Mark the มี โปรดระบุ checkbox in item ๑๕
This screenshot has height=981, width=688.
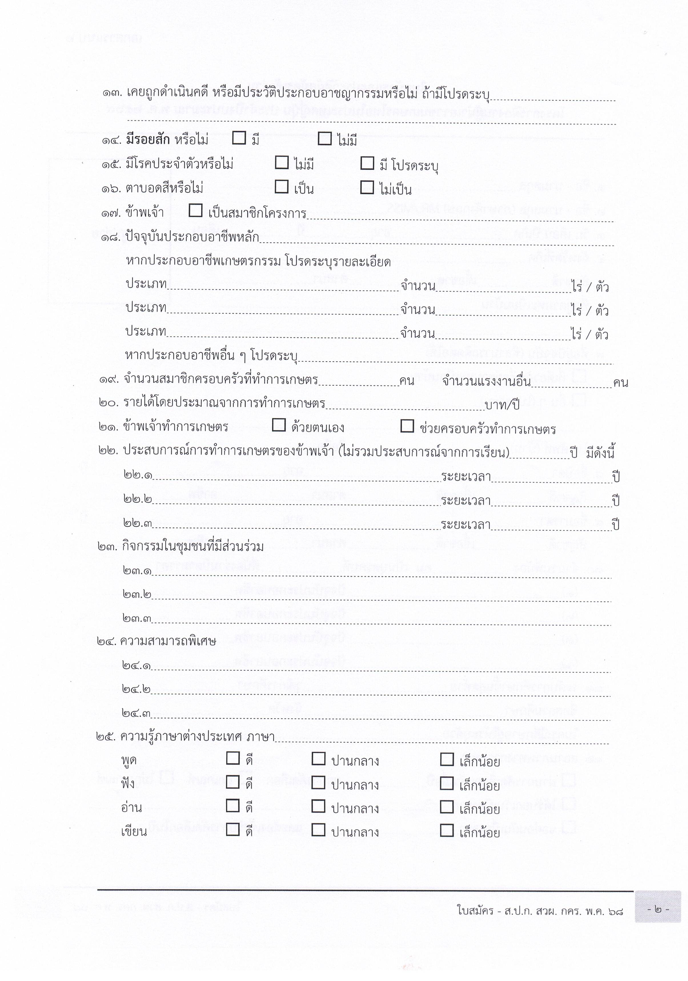367,163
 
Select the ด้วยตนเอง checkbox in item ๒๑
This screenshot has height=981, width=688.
279,425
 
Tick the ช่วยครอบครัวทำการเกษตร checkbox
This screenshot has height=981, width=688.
407,426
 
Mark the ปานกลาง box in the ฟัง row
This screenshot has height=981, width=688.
318,783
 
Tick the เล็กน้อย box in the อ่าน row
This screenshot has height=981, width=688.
446,807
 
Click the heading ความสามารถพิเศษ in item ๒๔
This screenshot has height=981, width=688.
168,641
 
